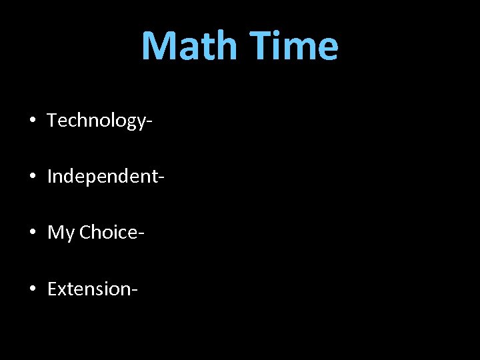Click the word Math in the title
pos(189,46)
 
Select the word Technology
pos(95,121)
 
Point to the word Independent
pos(103,177)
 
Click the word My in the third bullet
pos(61,233)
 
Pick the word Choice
pos(109,233)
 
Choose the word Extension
pos(89,289)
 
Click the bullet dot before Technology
pos(32,121)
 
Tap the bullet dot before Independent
pos(32,177)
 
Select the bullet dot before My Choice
pos(32,233)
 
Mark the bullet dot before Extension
pos(32,289)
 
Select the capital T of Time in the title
pos(262,46)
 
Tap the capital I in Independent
pos(50,177)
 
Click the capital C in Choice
pos(85,233)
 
